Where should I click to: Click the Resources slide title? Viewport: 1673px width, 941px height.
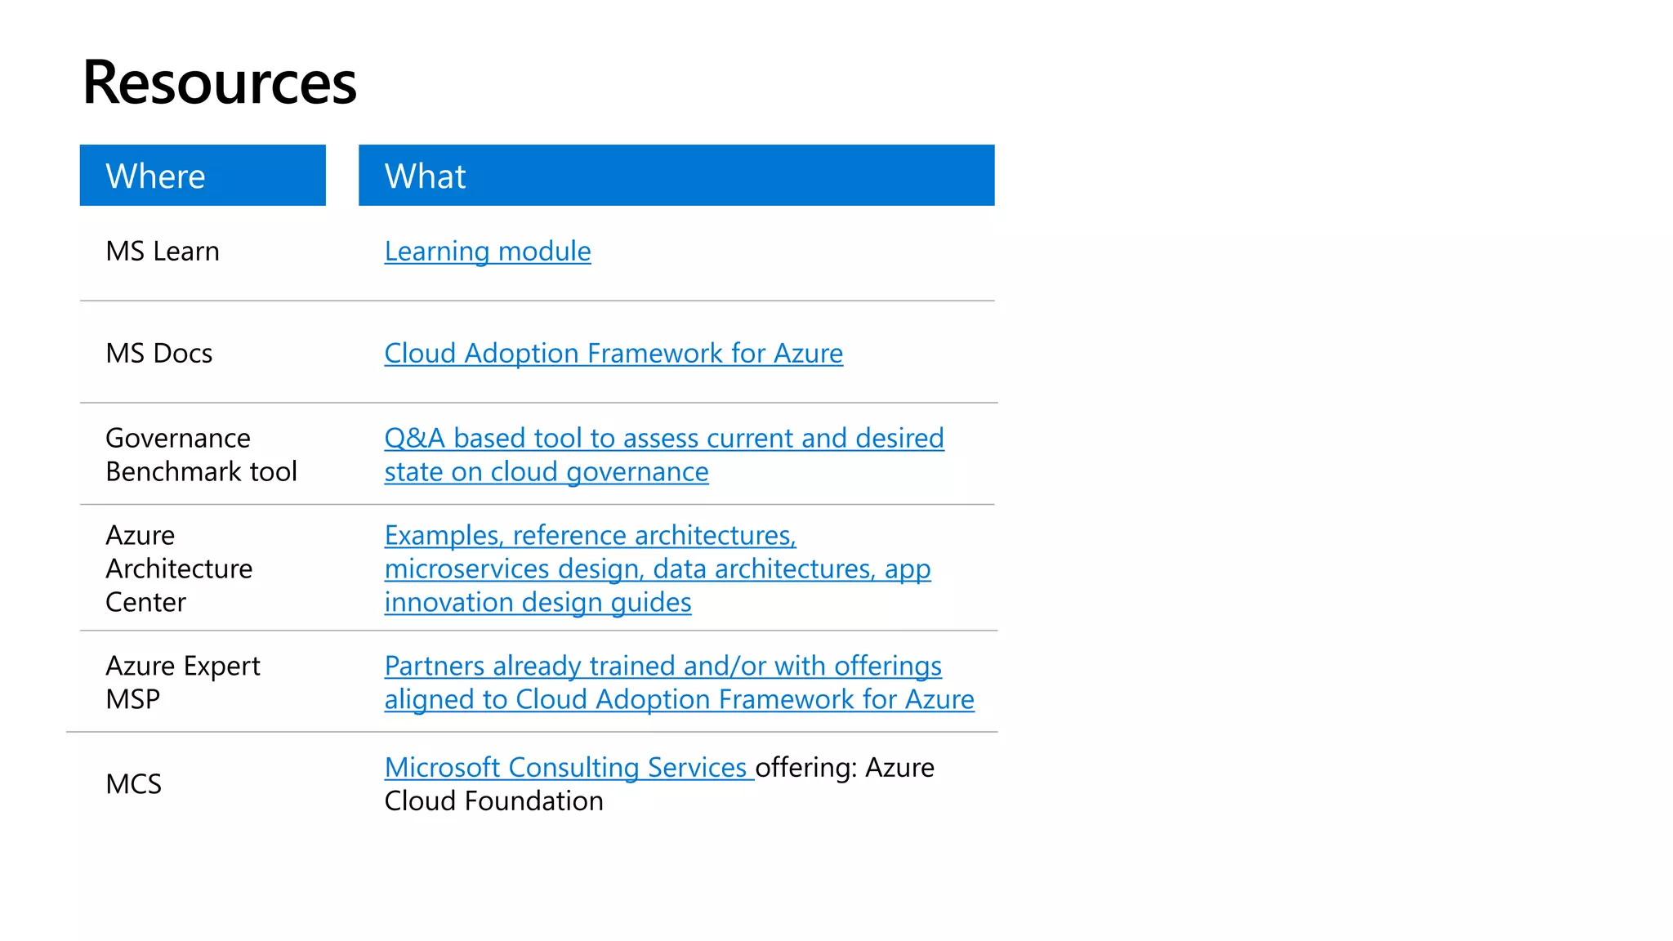coord(219,83)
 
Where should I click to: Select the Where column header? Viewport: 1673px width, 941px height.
coord(155,176)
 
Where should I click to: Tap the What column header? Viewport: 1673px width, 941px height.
coord(425,176)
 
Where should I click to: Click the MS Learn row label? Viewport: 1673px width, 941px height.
coord(163,252)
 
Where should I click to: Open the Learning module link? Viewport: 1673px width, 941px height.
coord(488,252)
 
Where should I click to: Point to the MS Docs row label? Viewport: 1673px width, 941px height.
coord(159,354)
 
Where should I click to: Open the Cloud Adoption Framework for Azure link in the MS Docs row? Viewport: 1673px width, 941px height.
coord(613,354)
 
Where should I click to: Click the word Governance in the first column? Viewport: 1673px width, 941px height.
coord(178,439)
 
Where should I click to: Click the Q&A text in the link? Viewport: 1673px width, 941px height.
coord(414,439)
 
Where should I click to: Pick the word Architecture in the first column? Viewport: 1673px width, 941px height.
coord(179,569)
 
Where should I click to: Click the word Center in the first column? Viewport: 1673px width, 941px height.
coord(145,603)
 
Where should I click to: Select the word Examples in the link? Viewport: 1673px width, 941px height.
coord(444,536)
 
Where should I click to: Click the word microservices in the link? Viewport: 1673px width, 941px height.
coord(466,569)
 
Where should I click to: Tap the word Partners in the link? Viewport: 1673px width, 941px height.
coord(435,667)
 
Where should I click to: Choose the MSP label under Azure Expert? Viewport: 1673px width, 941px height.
coord(133,700)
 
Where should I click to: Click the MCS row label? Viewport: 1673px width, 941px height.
coord(134,785)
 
